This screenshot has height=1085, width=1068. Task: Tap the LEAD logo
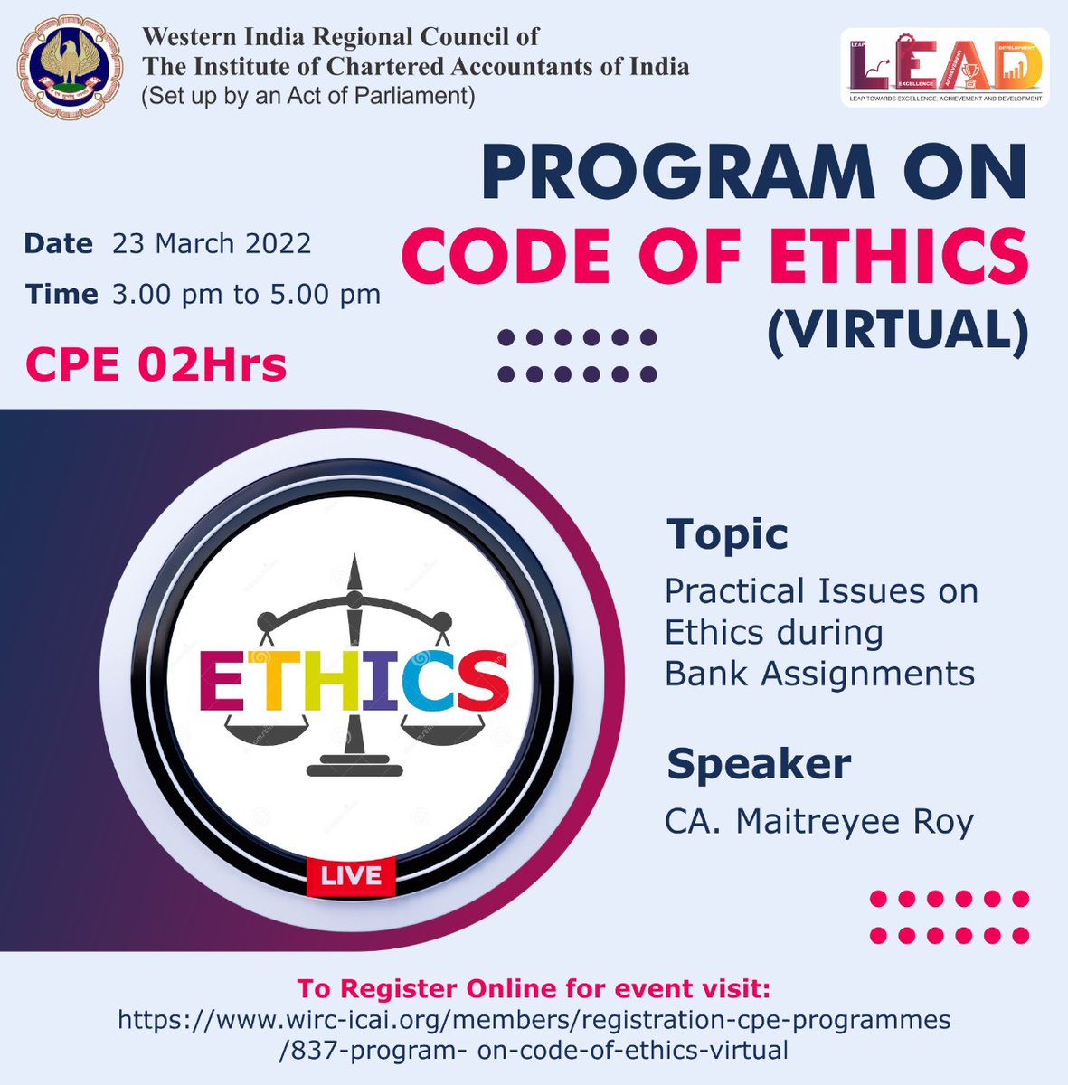click(944, 68)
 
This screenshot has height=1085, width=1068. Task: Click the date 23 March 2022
click(212, 243)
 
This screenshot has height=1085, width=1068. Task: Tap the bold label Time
click(61, 294)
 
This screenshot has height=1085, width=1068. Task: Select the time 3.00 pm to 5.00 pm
click(246, 294)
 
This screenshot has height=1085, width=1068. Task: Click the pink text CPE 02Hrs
click(156, 364)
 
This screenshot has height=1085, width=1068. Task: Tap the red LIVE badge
click(351, 874)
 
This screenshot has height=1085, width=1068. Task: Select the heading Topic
click(727, 533)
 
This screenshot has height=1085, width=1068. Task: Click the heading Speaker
click(759, 764)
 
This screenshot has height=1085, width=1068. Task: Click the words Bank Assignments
click(819, 673)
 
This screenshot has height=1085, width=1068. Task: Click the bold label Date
click(59, 243)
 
